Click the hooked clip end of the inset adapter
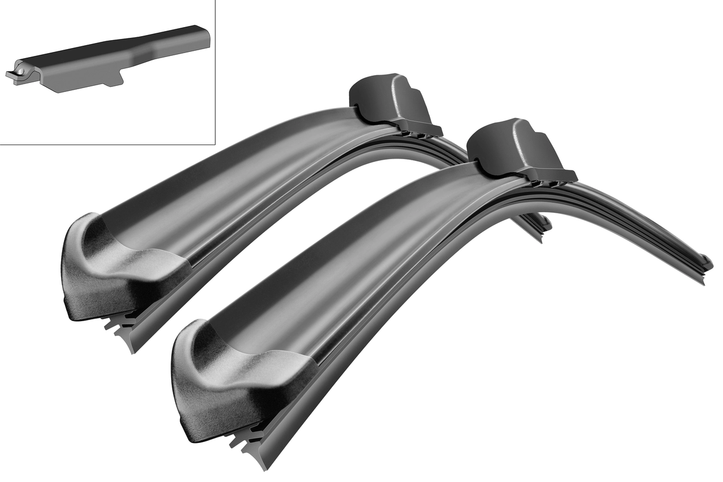(x=12, y=75)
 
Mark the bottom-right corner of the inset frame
(x=215, y=144)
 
